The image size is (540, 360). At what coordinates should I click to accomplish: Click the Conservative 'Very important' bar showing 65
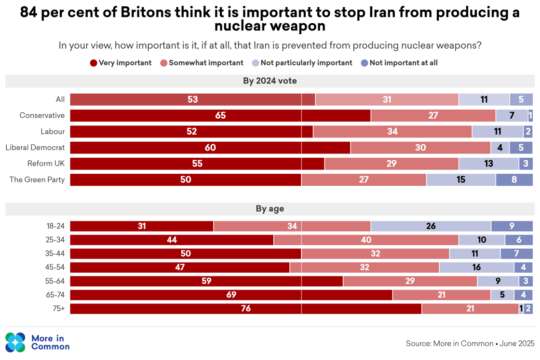click(220, 116)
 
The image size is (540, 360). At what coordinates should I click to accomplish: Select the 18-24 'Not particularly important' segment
click(431, 226)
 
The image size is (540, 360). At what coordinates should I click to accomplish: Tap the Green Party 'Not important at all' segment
click(514, 180)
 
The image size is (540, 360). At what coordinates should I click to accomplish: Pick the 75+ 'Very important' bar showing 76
click(245, 308)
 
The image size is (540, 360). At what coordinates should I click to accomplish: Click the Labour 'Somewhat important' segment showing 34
click(392, 132)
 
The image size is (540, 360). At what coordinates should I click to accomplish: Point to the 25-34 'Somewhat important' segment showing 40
click(366, 240)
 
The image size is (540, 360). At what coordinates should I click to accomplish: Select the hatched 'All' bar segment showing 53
click(192, 99)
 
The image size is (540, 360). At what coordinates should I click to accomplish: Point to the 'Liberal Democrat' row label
click(35, 148)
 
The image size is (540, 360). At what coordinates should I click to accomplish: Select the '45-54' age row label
click(55, 267)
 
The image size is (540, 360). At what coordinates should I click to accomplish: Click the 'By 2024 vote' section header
click(270, 81)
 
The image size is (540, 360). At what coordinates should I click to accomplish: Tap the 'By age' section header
click(270, 209)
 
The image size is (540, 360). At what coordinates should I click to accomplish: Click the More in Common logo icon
click(15, 343)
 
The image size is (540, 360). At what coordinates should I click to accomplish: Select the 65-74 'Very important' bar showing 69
click(231, 295)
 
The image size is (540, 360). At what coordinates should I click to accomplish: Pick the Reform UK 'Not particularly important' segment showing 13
click(488, 164)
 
